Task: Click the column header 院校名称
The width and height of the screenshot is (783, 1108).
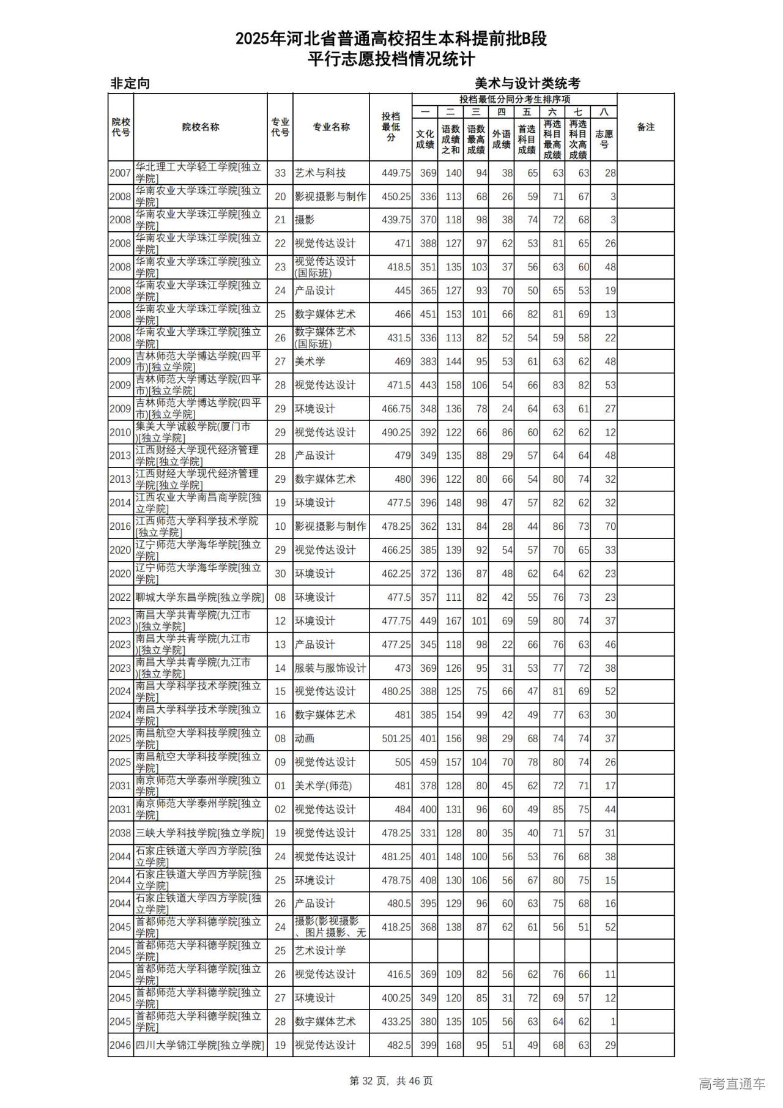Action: point(200,127)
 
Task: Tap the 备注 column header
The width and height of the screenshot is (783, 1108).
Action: point(645,127)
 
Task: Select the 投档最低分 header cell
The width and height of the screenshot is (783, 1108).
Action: point(390,127)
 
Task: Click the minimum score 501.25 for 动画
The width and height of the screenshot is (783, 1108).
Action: point(396,738)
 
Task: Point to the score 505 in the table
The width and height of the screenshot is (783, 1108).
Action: point(403,762)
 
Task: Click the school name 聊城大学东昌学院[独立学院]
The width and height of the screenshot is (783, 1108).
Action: point(200,597)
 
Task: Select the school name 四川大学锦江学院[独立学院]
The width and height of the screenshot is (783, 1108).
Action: point(200,1045)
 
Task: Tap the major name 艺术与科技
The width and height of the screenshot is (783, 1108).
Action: point(320,173)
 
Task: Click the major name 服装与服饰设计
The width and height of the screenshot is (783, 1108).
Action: point(330,668)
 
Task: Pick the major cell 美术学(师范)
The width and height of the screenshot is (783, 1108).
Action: point(323,786)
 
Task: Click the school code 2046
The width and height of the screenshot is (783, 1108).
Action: point(121,1045)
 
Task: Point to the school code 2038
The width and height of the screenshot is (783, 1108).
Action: point(121,833)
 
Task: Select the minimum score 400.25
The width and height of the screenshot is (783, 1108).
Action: point(396,998)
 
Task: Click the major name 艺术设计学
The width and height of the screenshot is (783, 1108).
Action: point(320,951)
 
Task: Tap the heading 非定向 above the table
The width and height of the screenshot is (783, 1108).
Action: point(130,83)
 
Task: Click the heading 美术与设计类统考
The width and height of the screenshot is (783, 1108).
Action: point(527,83)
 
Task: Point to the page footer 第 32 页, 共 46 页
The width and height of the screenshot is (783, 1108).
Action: point(391,1081)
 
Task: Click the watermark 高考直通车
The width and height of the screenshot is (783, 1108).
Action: point(732,1084)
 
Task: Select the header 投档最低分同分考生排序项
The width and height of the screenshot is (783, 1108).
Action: point(514,99)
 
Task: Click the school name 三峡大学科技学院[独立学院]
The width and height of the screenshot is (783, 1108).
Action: point(200,833)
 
